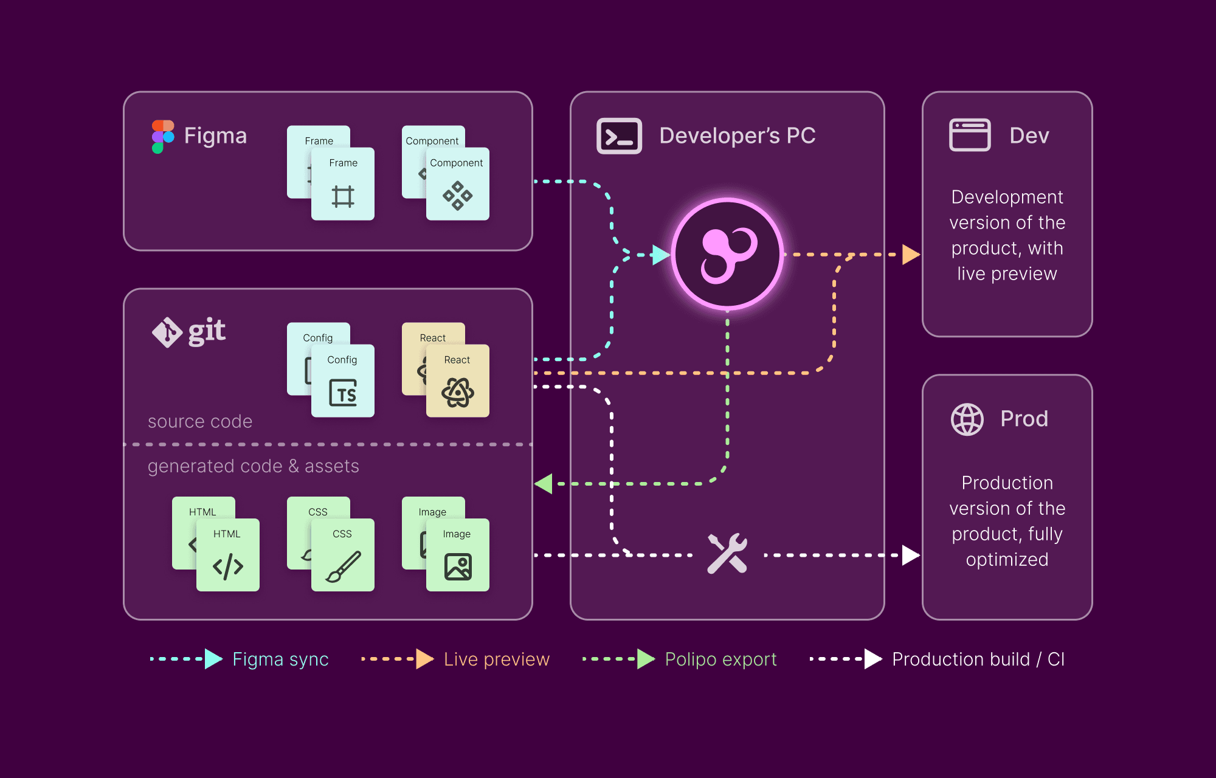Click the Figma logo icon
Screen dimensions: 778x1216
162,136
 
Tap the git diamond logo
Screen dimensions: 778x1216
167,332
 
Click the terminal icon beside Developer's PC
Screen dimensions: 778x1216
619,136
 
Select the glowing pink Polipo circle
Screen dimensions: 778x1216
727,254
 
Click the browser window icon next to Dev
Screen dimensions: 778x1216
970,135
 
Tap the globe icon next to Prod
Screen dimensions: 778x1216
967,419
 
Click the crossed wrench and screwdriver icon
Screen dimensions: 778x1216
727,554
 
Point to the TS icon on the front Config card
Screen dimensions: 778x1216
343,393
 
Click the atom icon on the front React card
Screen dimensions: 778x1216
457,393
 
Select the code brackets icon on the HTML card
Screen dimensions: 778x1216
228,566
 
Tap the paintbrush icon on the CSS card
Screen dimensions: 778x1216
343,566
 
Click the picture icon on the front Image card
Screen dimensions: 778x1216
458,566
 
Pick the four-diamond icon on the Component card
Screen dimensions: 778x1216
457,196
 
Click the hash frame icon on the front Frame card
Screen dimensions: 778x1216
343,196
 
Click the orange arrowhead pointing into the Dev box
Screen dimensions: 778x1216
910,255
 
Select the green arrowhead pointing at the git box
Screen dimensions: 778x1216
544,484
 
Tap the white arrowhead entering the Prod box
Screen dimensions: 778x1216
910,555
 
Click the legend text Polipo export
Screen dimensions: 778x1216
720,659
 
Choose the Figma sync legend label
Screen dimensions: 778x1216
280,659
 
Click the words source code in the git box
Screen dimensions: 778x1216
200,421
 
